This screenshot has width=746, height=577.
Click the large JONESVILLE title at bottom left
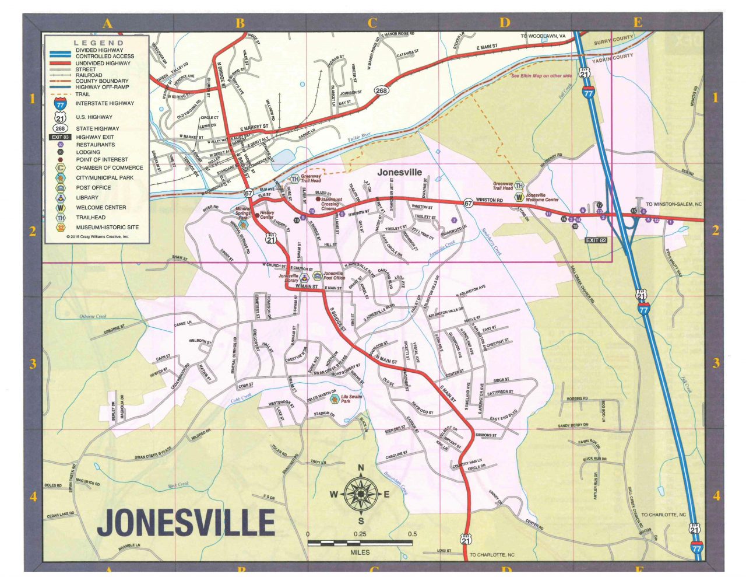[186, 523]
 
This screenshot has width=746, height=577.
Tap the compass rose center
[360, 494]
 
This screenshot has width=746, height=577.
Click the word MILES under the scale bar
[360, 552]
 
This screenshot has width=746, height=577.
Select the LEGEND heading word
[98, 43]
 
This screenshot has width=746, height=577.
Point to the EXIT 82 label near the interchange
[596, 240]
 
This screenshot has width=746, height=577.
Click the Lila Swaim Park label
[351, 398]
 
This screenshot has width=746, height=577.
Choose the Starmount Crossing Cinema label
[330, 204]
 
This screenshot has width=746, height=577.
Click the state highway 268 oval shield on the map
[381, 90]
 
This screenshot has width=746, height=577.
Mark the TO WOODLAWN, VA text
[543, 36]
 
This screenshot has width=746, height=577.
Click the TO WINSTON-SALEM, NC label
[674, 205]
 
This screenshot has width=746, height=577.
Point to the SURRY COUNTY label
[613, 40]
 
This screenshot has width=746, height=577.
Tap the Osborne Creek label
[93, 317]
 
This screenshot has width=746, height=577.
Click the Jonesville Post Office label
[334, 275]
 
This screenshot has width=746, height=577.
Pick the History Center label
[267, 215]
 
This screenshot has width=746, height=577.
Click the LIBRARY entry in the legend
[87, 197]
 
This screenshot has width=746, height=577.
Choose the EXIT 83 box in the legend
[61, 137]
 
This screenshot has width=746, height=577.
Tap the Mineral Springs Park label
[243, 212]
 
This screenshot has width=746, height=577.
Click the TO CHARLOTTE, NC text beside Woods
[663, 515]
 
